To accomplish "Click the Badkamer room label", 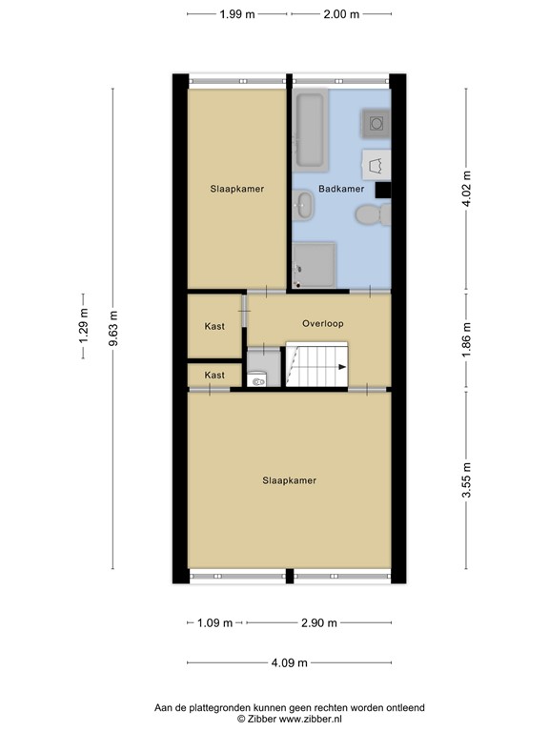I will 341,189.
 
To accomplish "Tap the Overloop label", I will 322,324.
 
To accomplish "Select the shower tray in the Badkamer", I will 315,264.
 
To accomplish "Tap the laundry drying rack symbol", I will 375,164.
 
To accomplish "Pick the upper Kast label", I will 214,326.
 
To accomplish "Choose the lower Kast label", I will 214,376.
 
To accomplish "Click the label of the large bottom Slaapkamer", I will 289,480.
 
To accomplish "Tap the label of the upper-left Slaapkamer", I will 236,189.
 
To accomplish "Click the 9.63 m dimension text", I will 113,324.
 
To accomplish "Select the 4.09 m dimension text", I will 289,663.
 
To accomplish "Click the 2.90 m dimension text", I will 318,623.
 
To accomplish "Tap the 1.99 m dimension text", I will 237,14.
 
